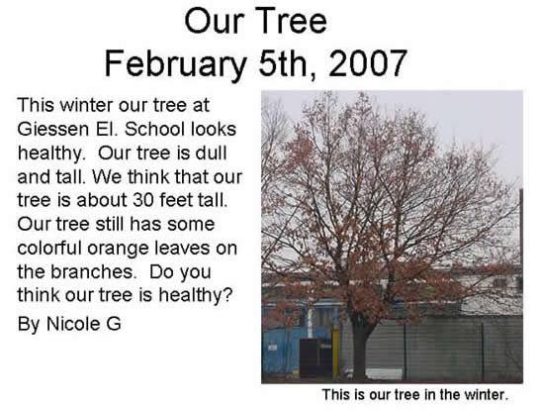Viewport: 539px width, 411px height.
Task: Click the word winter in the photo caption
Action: point(482,394)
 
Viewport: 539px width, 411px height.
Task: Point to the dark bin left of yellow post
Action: point(314,358)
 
